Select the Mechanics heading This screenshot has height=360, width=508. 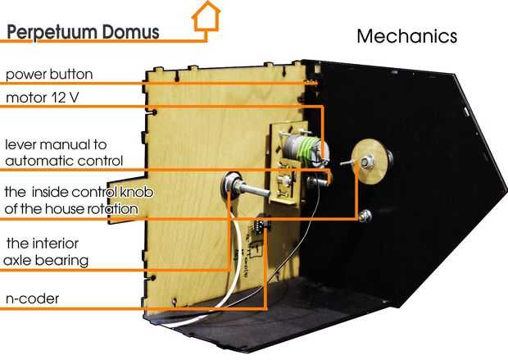[406, 37]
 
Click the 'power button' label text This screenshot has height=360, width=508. [49, 75]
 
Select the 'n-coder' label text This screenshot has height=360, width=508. [32, 298]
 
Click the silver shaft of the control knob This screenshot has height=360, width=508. [249, 191]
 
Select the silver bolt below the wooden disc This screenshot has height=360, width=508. [365, 217]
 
